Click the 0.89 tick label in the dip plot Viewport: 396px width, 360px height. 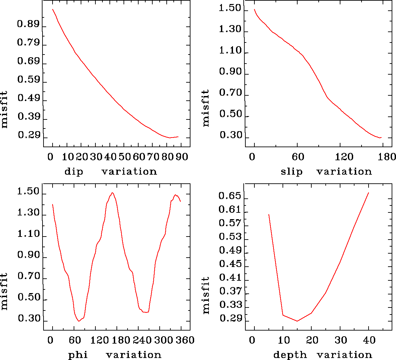[28, 24]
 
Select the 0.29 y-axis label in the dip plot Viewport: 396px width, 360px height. [29, 136]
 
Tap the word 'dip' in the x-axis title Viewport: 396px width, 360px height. [74, 172]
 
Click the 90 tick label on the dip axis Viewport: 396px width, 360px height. [182, 157]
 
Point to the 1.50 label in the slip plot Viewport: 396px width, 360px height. [230, 8]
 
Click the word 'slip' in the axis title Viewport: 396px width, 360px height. [292, 172]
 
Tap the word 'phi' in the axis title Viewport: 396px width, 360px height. [78, 355]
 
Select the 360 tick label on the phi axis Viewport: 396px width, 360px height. [185, 341]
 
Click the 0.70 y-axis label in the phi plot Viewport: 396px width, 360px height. [29, 277]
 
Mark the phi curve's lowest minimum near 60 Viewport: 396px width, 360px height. [79, 321]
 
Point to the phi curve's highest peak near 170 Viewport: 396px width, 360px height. [112, 193]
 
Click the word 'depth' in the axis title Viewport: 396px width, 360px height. [290, 355]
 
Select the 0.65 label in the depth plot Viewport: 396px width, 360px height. [230, 196]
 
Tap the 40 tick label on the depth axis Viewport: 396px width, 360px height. [369, 341]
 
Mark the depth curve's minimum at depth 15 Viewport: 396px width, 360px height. [297, 321]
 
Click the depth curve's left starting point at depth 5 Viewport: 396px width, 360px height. [269, 214]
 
